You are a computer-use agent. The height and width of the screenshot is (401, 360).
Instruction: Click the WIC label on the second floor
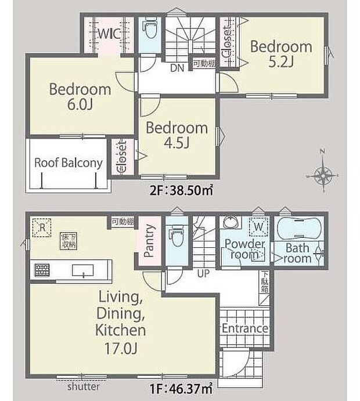(x=109, y=34)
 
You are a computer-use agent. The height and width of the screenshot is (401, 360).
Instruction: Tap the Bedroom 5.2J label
(x=281, y=53)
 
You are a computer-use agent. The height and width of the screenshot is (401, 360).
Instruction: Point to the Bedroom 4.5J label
(x=177, y=135)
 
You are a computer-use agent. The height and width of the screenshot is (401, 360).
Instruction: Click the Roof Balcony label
(x=68, y=162)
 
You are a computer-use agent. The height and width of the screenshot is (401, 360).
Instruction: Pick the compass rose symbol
(x=323, y=174)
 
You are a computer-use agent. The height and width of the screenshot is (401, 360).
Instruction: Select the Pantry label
(x=149, y=240)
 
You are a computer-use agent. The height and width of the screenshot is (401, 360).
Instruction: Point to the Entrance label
(x=244, y=329)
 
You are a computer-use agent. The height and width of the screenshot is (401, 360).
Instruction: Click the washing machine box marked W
(x=257, y=226)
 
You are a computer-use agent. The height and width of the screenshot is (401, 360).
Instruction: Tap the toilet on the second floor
(x=151, y=29)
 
